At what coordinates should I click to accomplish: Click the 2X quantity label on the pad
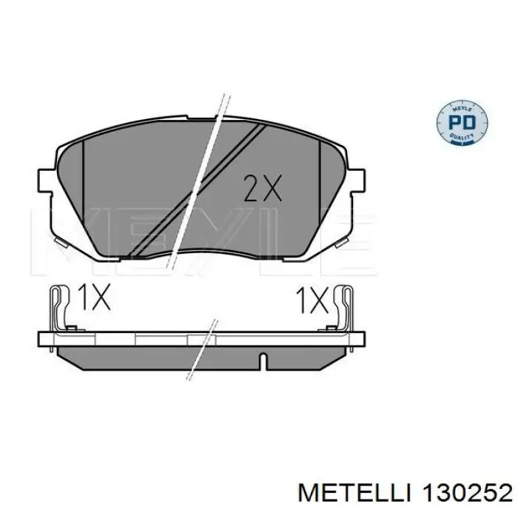(263, 189)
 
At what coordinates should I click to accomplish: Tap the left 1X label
(94, 298)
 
